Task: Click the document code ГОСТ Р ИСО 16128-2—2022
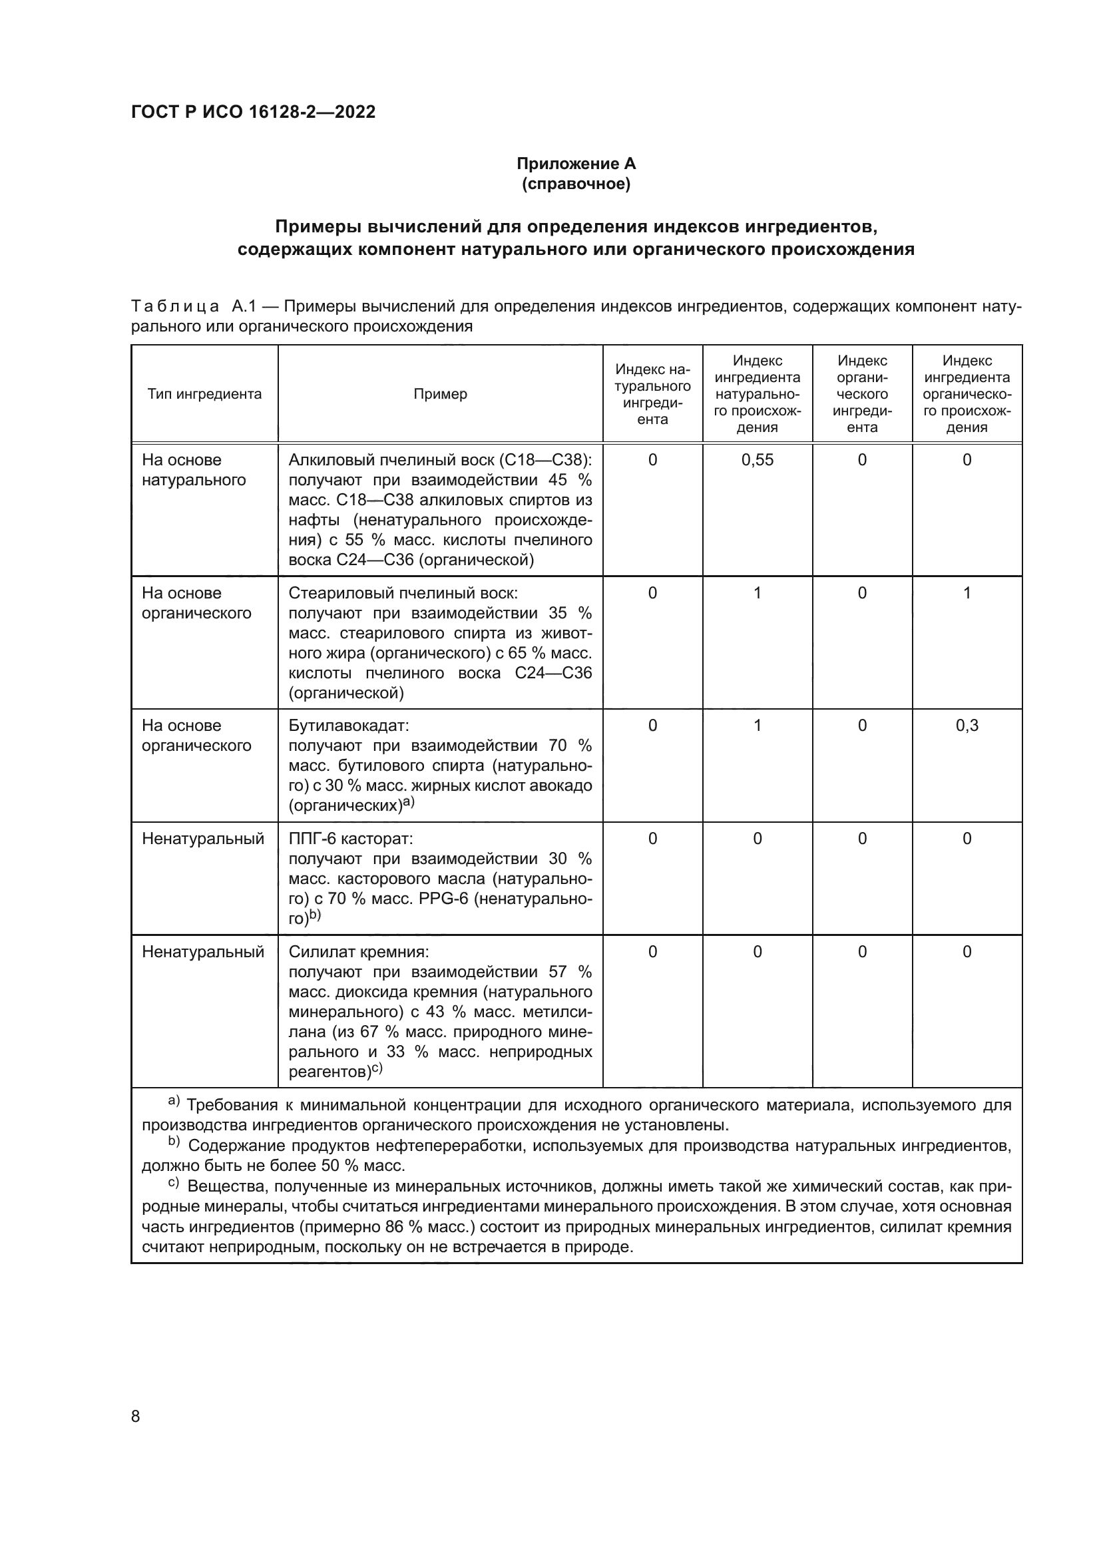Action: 253,112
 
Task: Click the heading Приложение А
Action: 576,164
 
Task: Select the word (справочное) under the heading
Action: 576,184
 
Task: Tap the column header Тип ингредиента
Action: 204,394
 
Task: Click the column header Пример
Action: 440,394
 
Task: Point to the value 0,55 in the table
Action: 757,460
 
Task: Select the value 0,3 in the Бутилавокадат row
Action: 967,726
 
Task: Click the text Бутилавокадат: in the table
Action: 348,726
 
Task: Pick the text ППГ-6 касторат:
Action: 351,839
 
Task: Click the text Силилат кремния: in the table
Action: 359,952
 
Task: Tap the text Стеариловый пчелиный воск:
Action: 403,593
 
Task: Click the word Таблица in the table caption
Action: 175,306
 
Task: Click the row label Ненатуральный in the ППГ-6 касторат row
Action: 203,839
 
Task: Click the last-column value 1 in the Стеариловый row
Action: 967,593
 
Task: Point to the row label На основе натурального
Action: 193,470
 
